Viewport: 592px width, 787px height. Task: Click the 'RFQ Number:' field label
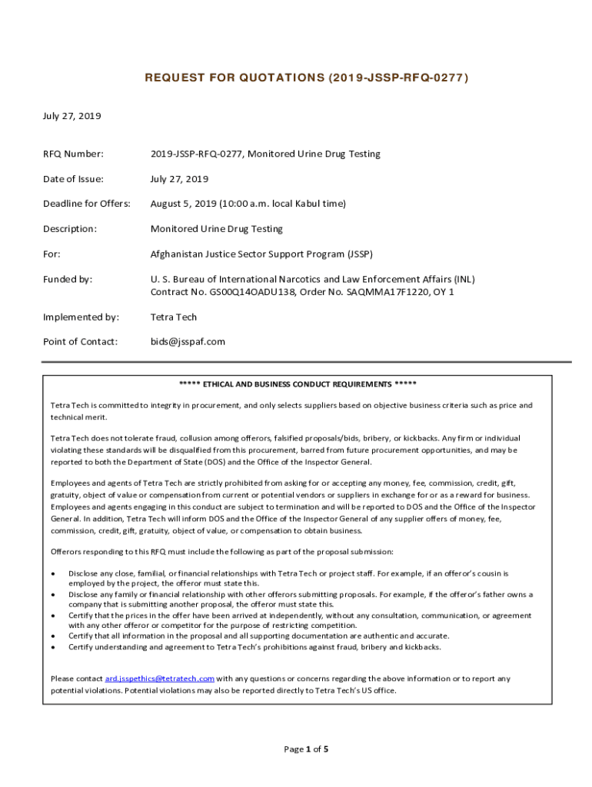[x=72, y=154]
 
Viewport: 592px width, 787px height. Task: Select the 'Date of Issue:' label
[x=72, y=179]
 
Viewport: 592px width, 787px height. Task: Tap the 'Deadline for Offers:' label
[x=86, y=204]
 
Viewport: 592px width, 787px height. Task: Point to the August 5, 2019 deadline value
[x=248, y=204]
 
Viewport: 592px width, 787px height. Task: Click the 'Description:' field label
[x=69, y=229]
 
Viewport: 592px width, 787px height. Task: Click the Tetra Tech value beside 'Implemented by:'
[x=174, y=317]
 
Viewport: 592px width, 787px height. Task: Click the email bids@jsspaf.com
[x=188, y=341]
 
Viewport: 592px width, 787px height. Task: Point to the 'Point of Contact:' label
[x=80, y=341]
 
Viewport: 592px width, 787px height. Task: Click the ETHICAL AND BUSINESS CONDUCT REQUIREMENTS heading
[x=298, y=384]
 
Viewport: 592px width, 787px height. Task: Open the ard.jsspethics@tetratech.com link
[x=159, y=679]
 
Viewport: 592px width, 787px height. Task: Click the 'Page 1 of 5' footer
[x=306, y=749]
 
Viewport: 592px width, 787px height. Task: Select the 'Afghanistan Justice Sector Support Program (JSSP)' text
[x=261, y=254]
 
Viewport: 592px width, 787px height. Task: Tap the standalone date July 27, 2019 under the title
[x=72, y=116]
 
